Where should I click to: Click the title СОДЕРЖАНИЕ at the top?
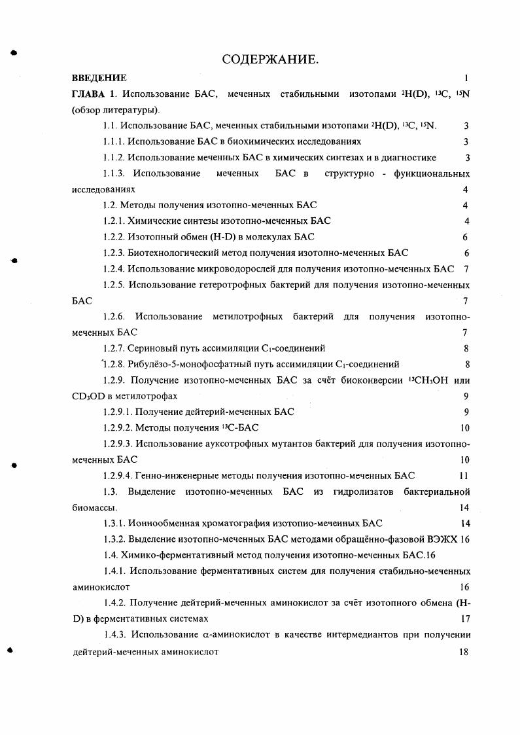click(270, 61)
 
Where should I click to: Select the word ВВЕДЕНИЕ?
click(99, 78)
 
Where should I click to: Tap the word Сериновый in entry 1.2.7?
click(150, 348)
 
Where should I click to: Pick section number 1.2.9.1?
click(118, 412)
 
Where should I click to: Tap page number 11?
click(464, 476)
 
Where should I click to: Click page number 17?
click(465, 618)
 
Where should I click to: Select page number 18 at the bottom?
click(464, 652)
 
